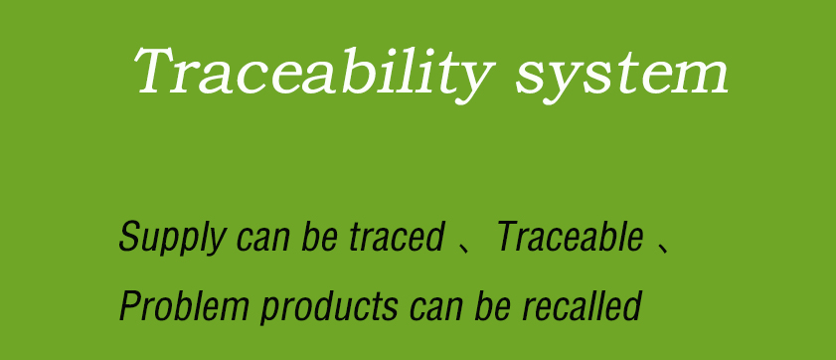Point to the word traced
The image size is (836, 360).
[x=398, y=237]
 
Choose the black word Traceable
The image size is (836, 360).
[x=570, y=237]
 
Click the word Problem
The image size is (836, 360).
[x=184, y=305]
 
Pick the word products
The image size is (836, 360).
[x=329, y=307]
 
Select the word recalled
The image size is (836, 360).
[x=582, y=305]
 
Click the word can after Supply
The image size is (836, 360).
[x=262, y=240]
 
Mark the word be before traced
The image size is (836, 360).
[x=319, y=237]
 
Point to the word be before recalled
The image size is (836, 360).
[x=492, y=305]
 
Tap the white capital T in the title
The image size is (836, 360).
[x=161, y=71]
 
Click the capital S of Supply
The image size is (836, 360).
[x=129, y=237]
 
